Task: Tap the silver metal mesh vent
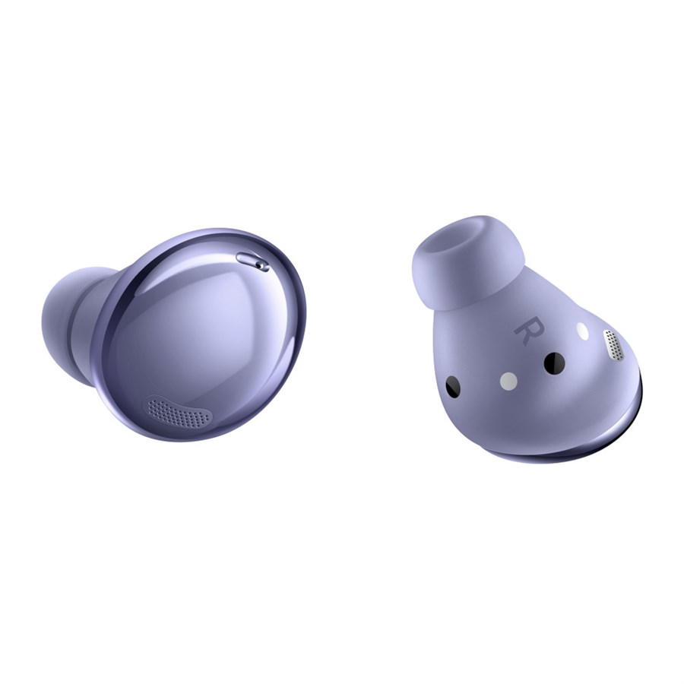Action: (x=613, y=346)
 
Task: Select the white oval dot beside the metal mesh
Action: (x=582, y=331)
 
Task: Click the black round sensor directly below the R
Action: (x=554, y=363)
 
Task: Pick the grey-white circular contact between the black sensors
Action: (x=508, y=382)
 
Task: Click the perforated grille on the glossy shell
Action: (x=179, y=411)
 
